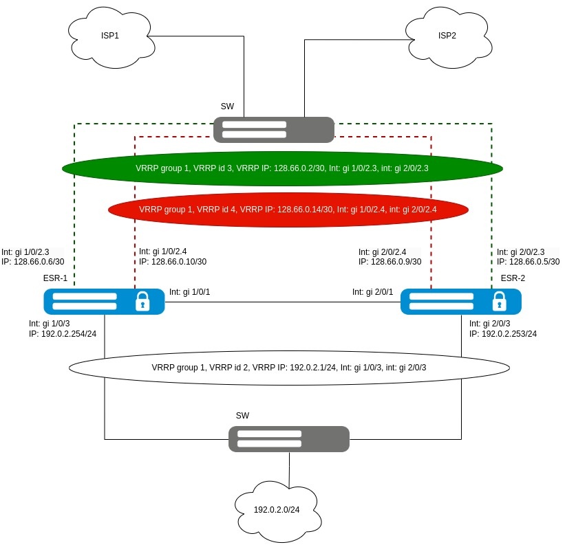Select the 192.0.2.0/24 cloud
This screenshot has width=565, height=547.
point(277,510)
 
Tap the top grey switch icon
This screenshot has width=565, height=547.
point(273,130)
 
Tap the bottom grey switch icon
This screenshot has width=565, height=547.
point(288,439)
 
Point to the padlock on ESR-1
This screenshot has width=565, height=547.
point(142,301)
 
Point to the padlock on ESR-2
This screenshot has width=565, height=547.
point(499,301)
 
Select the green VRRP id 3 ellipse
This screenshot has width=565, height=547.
point(282,168)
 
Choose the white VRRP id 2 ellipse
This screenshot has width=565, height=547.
point(289,367)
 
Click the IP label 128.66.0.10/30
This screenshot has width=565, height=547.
point(173,262)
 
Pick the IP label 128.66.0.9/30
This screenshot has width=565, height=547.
point(390,262)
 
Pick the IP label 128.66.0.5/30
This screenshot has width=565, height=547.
point(528,262)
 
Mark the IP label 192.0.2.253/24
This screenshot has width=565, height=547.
point(503,334)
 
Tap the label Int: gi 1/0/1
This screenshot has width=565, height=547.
point(189,293)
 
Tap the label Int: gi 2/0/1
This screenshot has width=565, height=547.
point(372,293)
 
